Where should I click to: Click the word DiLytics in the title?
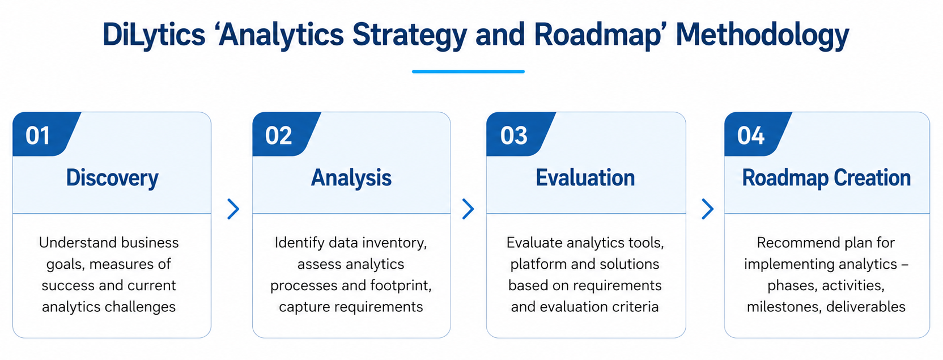tap(154, 35)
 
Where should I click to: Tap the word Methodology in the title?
tap(762, 35)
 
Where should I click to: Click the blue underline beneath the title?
tap(468, 71)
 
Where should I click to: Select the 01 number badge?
tap(46, 134)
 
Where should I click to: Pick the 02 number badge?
tap(286, 134)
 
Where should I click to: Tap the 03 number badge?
tap(521, 134)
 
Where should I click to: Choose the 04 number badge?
tap(758, 134)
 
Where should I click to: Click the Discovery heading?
tap(112, 178)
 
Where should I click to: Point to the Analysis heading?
tap(351, 178)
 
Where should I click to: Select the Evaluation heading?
tap(585, 177)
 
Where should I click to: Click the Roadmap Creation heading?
tap(826, 178)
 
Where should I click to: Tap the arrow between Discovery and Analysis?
tap(233, 209)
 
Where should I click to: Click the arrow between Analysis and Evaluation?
tap(468, 209)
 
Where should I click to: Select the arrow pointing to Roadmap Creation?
tap(708, 209)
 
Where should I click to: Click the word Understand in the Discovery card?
tap(76, 243)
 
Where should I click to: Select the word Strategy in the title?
tap(409, 35)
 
